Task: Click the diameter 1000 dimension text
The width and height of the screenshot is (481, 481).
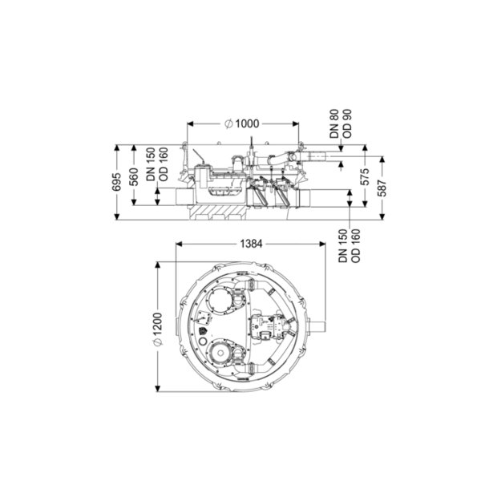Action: tap(242, 123)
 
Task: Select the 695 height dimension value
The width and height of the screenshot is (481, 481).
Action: tap(116, 182)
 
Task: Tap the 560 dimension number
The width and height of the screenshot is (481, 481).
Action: tap(134, 177)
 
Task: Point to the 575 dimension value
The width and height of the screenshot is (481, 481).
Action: tap(365, 176)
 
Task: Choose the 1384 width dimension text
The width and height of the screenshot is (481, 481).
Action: tap(251, 244)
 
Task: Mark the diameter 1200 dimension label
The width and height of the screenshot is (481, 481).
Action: tap(157, 329)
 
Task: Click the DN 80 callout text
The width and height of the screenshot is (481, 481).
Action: tap(334, 123)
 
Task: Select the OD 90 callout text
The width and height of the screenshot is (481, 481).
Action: tap(347, 123)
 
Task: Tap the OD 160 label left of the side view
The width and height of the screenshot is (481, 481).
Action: tap(164, 164)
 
